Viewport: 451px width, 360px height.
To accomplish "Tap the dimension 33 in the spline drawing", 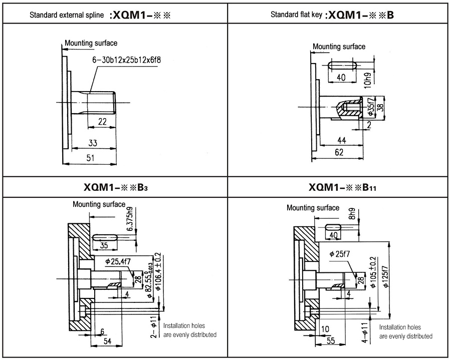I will (93, 143).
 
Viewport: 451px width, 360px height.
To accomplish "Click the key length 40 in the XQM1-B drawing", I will (341, 78).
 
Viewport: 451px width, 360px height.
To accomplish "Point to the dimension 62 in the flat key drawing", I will (339, 153).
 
